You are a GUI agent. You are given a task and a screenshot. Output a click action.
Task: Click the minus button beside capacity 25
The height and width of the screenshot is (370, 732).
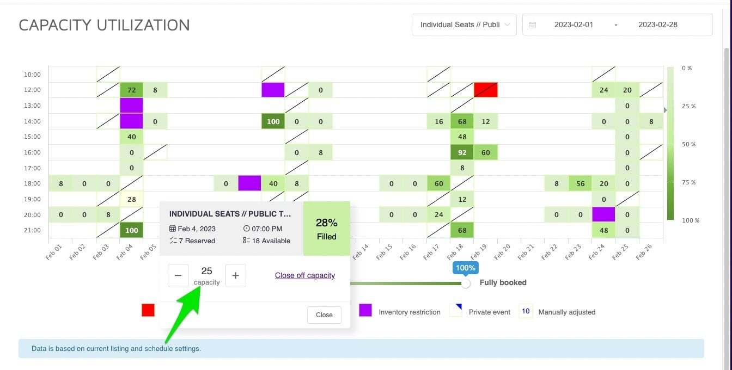coord(178,275)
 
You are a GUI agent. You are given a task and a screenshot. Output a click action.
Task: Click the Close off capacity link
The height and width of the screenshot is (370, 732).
coord(305,275)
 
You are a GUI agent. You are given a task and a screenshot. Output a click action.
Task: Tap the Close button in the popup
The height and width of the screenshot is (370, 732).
coord(324,314)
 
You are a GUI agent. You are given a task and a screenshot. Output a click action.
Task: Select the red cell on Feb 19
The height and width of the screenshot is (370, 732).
coord(486,90)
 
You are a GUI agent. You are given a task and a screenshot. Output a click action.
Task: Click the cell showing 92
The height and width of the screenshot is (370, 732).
coord(462,152)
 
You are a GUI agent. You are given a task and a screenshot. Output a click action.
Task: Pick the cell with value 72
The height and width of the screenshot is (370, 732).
coord(131,90)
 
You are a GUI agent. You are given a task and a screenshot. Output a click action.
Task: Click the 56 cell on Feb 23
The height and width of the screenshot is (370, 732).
coord(581,184)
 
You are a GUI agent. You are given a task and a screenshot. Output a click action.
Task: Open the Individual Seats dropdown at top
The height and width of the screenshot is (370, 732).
coord(464,24)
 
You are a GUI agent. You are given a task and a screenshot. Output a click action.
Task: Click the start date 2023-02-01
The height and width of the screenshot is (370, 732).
coord(574,24)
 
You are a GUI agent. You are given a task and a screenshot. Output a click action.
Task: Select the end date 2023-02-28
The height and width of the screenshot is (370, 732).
coord(658,24)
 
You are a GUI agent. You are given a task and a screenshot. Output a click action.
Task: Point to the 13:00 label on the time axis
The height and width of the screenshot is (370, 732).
coord(32,106)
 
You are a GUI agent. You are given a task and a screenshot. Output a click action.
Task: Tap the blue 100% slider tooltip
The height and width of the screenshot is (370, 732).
coord(466,268)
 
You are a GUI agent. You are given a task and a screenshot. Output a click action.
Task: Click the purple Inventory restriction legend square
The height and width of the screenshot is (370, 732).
coord(365,310)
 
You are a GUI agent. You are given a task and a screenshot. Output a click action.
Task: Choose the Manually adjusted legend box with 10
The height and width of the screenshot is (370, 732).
coord(526,311)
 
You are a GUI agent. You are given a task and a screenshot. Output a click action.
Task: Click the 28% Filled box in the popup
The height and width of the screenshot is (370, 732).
coord(327,229)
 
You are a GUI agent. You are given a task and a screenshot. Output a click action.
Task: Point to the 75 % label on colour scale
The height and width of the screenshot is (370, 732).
coord(688,182)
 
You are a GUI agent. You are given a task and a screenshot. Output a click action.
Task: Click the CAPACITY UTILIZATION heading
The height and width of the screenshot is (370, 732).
coord(104,25)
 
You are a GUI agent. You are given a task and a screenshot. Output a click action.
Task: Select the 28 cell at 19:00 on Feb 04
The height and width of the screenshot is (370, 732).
coord(131,200)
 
